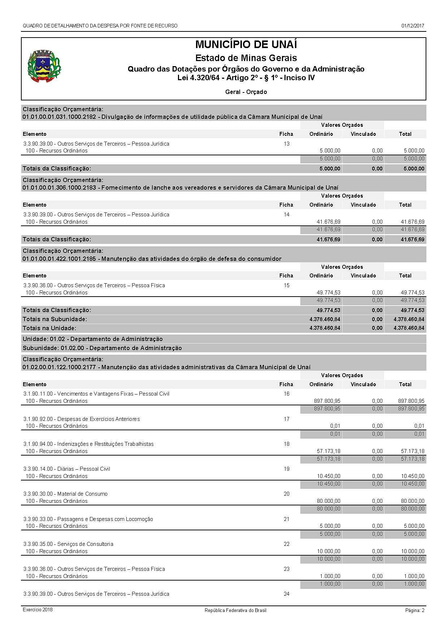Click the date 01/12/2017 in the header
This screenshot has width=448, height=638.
point(413,26)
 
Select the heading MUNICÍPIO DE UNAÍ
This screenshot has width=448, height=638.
point(246,45)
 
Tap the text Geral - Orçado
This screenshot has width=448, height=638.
point(246,92)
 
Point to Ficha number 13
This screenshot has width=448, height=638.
point(286,144)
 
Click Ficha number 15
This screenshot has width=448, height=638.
point(286,285)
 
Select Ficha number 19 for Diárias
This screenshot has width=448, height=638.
point(286,469)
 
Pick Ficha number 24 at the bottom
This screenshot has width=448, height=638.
point(286,594)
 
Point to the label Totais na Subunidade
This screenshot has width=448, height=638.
point(55,319)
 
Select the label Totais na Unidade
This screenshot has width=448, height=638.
point(49,328)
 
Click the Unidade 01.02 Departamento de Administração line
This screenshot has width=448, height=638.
point(93,339)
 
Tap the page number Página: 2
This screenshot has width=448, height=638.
point(414,611)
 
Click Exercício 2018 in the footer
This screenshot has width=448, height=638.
point(38,610)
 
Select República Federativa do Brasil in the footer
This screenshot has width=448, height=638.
point(235,611)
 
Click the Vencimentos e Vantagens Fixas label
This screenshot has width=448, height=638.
point(96,394)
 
